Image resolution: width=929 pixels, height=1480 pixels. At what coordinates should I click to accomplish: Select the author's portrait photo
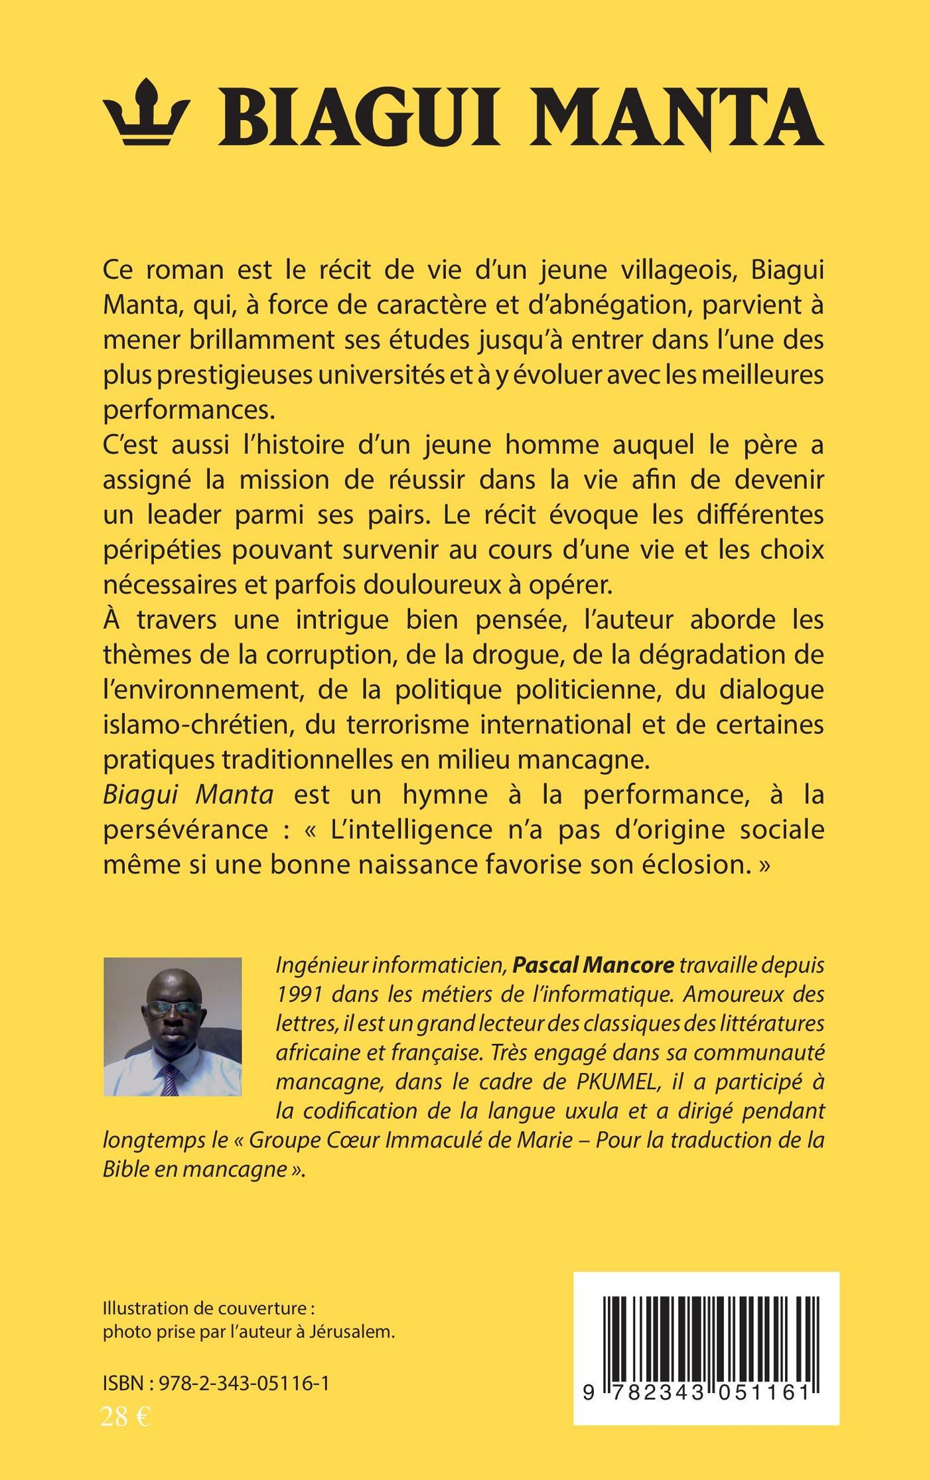(x=173, y=1027)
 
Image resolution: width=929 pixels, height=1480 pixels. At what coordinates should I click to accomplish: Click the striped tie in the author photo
(x=170, y=1079)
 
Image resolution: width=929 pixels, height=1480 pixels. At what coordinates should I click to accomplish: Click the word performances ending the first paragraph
(x=188, y=410)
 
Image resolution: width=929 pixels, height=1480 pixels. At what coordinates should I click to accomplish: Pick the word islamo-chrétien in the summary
(x=197, y=724)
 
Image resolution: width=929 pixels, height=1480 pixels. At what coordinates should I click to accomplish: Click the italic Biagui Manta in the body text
(x=188, y=794)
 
